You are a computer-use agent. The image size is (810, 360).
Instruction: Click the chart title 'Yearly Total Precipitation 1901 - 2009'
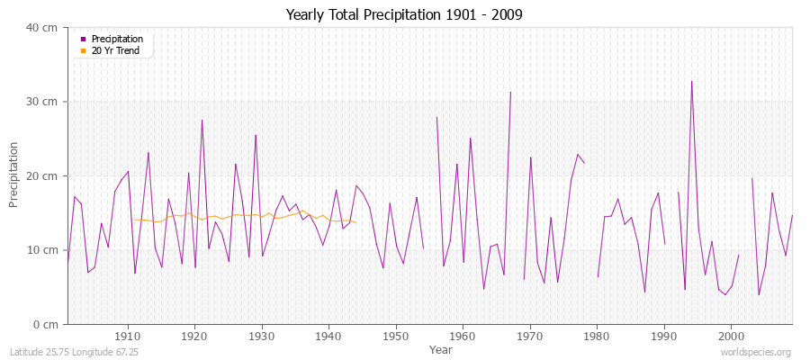tap(404, 14)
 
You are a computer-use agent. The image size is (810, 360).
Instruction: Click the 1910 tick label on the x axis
tap(128, 337)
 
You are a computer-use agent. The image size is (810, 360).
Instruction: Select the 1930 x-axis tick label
tap(262, 337)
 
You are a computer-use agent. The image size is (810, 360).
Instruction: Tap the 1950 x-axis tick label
tap(396, 337)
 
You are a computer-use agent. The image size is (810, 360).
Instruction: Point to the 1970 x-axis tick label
tap(530, 337)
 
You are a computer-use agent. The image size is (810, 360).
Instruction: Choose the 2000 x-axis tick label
tap(731, 337)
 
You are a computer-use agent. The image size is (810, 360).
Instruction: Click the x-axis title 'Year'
tap(441, 349)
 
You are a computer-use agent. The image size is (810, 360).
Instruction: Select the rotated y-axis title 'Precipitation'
tap(14, 175)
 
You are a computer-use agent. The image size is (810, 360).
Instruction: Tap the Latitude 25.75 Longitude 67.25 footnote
tap(71, 352)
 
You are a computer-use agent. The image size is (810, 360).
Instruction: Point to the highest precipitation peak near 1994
tap(691, 82)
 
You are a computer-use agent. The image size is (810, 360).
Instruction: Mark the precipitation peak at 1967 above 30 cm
tap(510, 92)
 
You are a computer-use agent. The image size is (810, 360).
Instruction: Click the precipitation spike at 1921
tap(202, 121)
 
